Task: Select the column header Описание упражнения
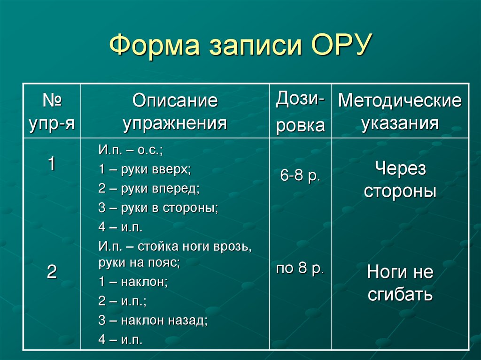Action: [x=175, y=112]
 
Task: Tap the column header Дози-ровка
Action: [x=300, y=112]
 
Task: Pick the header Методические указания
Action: [x=400, y=112]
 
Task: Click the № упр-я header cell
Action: [x=52, y=112]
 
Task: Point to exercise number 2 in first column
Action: [x=52, y=272]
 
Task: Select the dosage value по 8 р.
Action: [x=300, y=268]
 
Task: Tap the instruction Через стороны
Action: [x=400, y=180]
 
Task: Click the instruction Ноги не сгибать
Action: [x=400, y=283]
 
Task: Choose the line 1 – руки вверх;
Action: [x=145, y=169]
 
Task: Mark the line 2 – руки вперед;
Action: [x=149, y=189]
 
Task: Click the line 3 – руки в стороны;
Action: [x=158, y=208]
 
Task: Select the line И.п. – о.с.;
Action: [x=130, y=150]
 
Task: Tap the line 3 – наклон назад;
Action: [x=153, y=321]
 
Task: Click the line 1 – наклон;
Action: [x=133, y=282]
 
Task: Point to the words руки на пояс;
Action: [x=140, y=262]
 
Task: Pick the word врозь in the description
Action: [x=236, y=246]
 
